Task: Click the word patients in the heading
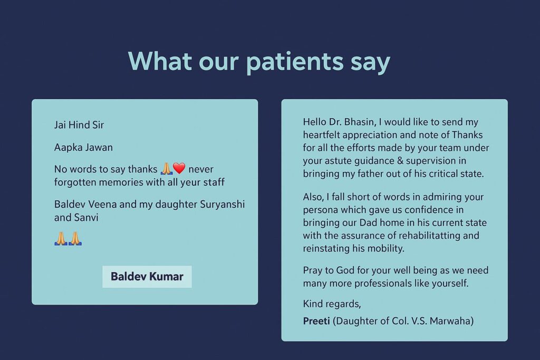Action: click(295, 62)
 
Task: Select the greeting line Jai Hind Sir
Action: click(79, 124)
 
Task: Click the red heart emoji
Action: click(179, 168)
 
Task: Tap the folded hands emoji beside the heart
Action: click(166, 168)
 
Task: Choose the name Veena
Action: click(102, 204)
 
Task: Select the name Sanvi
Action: click(88, 218)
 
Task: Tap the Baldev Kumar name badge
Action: click(147, 276)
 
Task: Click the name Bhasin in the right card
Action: click(360, 122)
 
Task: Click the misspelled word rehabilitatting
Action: click(396, 236)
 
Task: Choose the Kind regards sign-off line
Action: click(332, 304)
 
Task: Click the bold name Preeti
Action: click(316, 321)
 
